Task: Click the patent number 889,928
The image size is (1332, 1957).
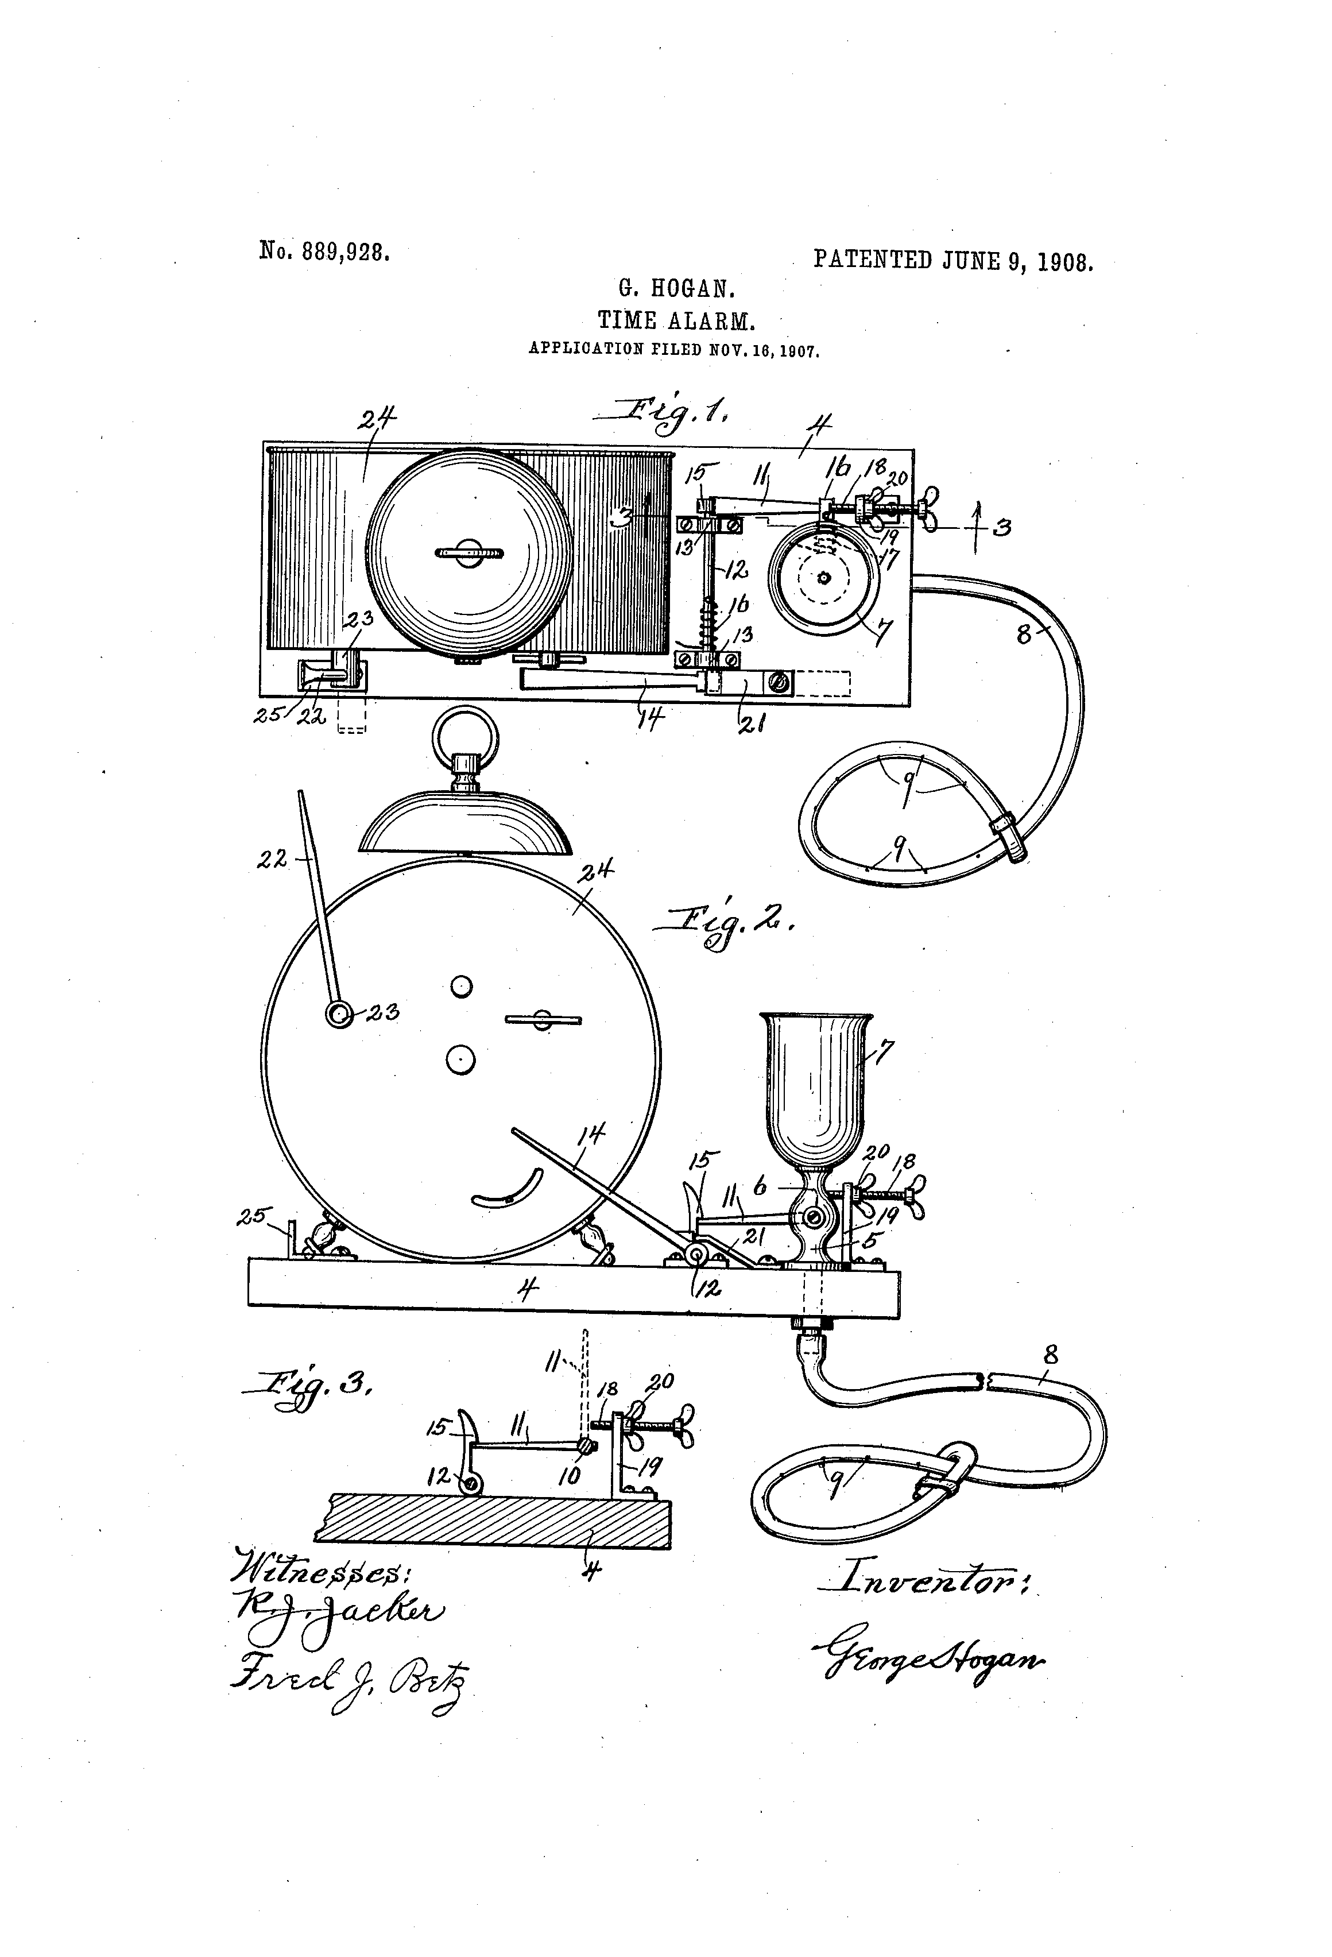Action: tap(347, 252)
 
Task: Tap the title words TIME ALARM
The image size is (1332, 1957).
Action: tap(675, 321)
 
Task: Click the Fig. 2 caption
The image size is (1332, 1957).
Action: tap(724, 928)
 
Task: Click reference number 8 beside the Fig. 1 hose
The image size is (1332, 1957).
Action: tap(1024, 634)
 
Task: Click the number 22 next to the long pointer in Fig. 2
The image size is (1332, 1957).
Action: tap(273, 859)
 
